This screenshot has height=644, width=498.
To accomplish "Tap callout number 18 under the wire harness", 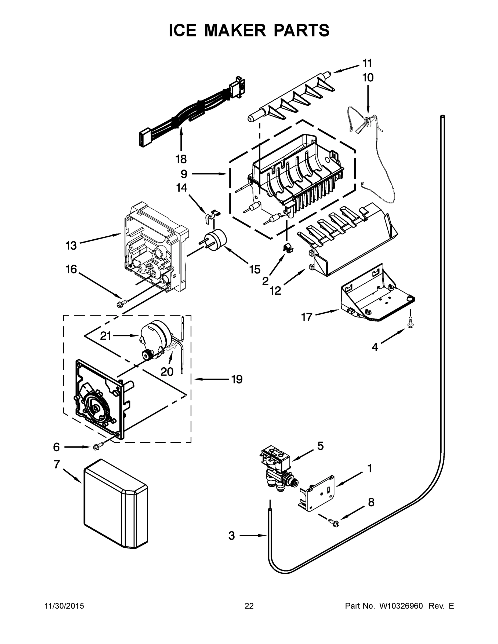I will click(x=181, y=159).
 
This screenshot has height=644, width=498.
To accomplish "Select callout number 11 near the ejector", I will click(x=367, y=63).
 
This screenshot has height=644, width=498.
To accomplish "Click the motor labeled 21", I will click(x=155, y=333).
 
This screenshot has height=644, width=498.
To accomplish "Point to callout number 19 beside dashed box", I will click(x=237, y=379).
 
